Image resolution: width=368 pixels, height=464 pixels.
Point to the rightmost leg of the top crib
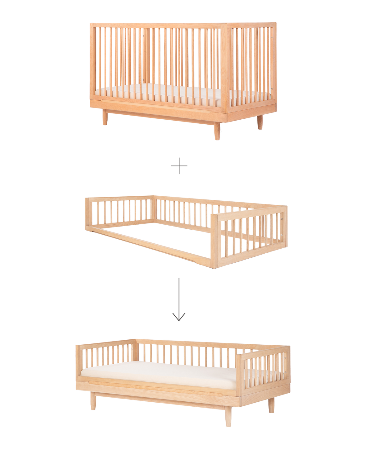259,123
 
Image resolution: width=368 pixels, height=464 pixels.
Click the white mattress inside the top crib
162,93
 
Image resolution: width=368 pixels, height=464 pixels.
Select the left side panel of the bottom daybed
106,355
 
